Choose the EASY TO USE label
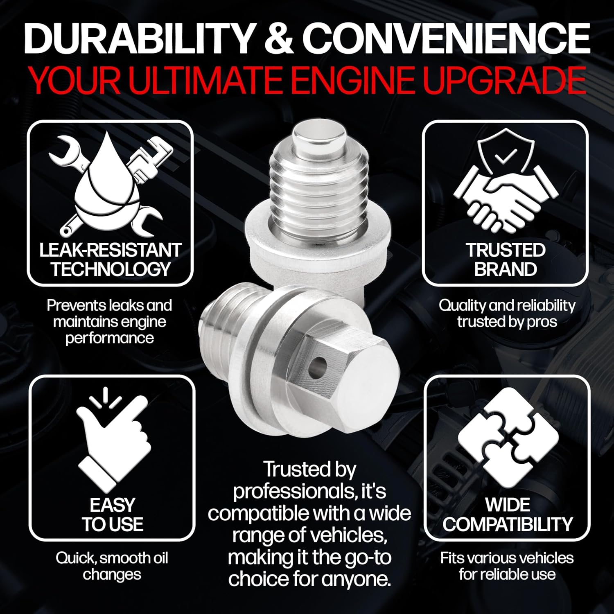112,515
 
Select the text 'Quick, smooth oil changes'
112,566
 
